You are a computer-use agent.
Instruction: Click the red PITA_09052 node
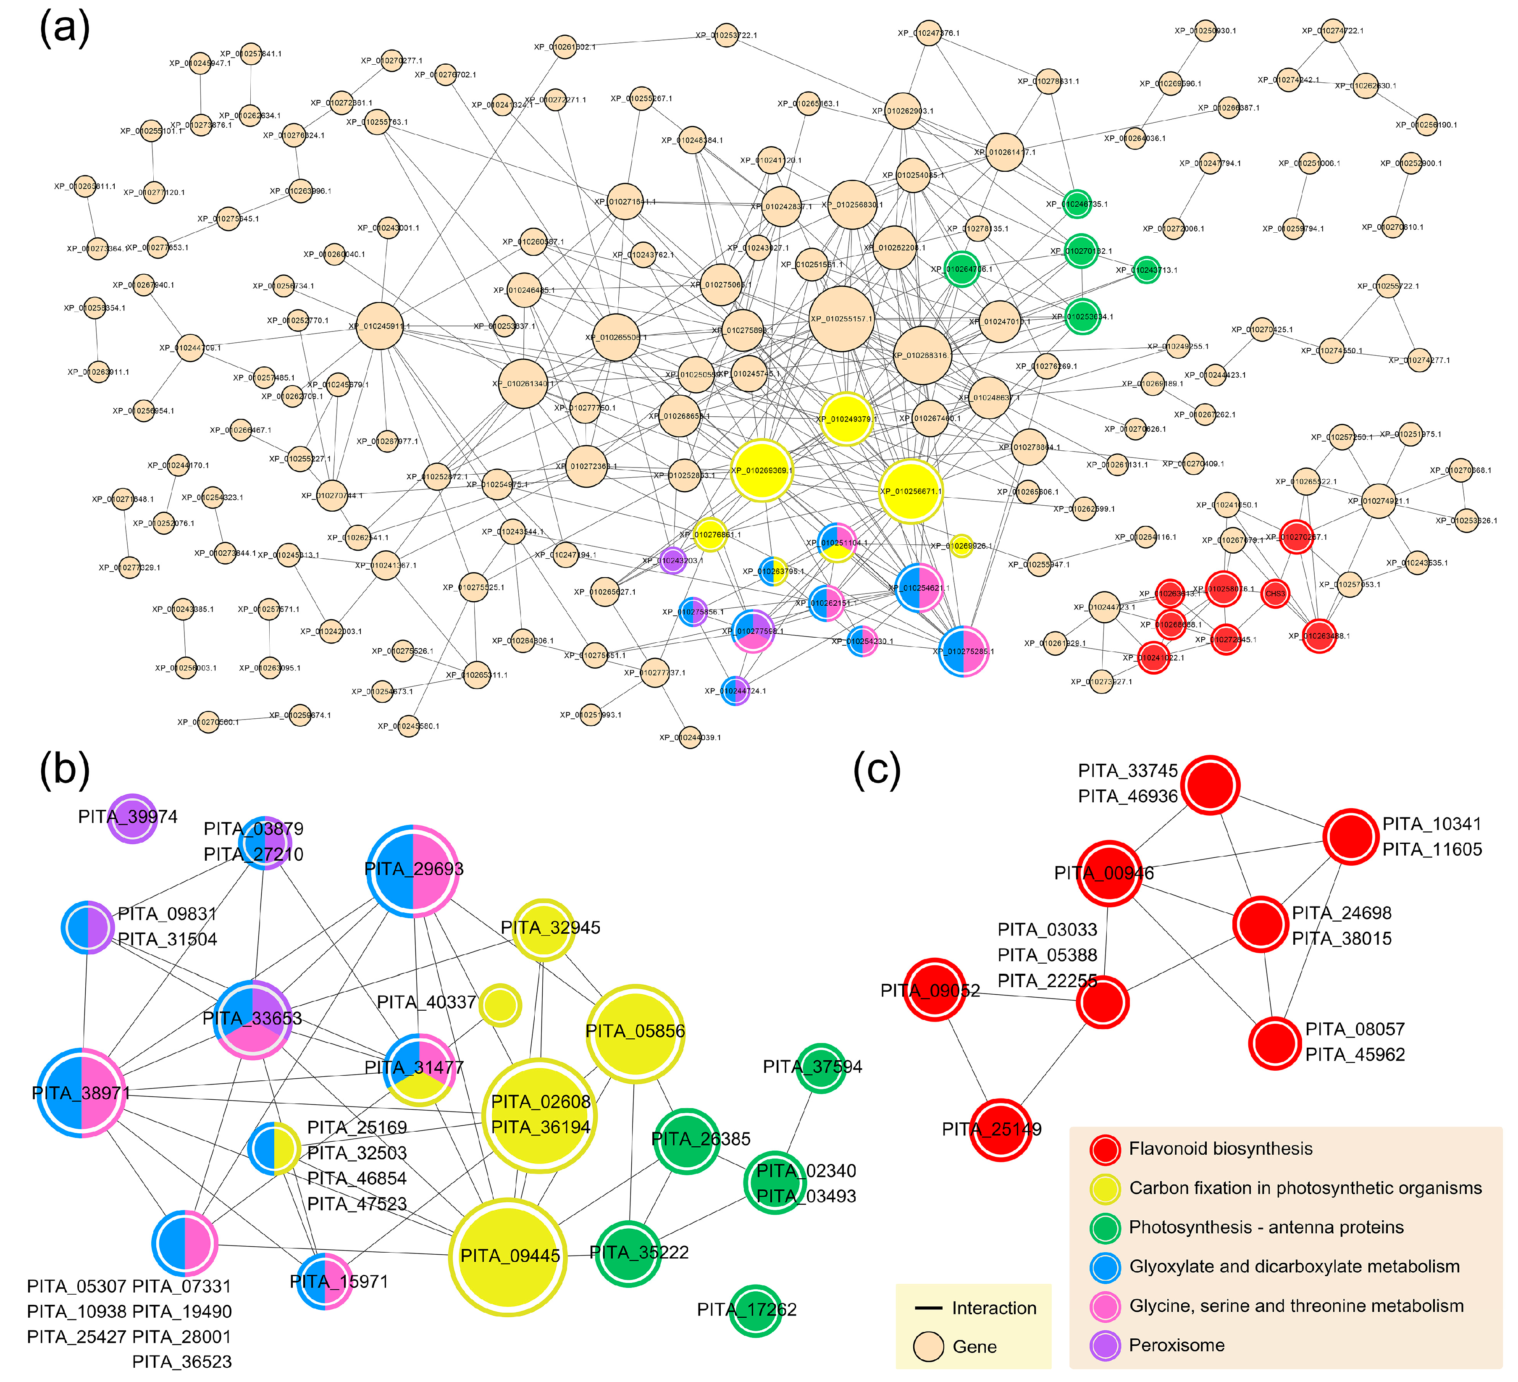[935, 990]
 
